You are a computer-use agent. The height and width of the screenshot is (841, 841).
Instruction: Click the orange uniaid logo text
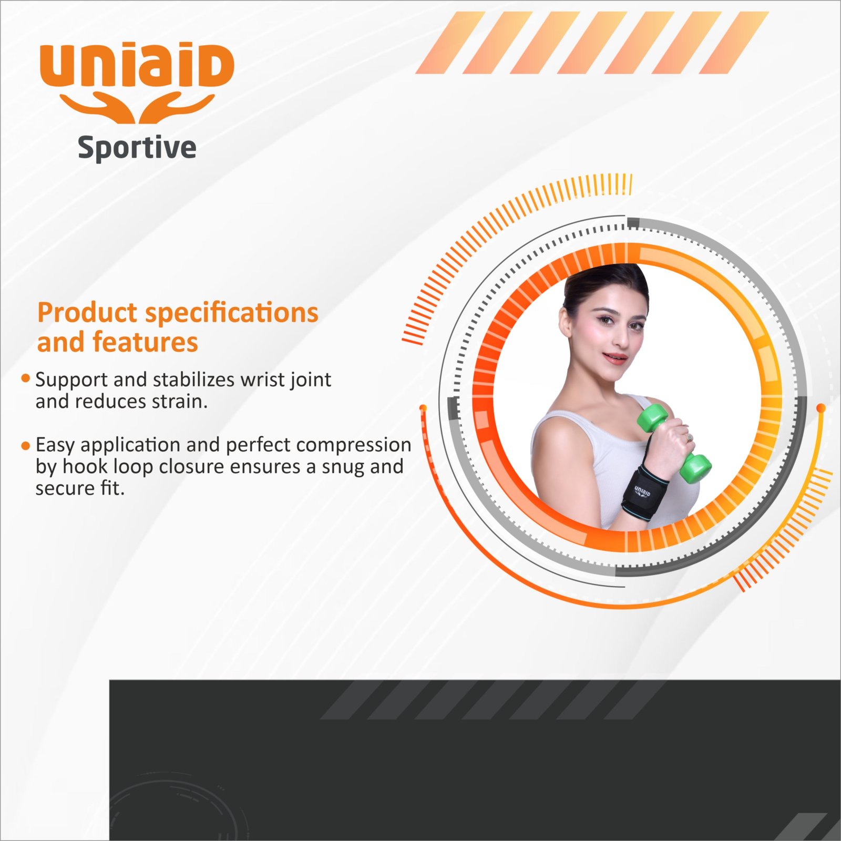(x=137, y=66)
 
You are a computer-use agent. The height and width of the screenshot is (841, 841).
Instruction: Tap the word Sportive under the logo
(x=137, y=148)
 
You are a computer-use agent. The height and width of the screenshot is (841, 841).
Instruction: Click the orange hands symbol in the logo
(x=137, y=108)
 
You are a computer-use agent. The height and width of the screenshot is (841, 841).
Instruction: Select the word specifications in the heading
(x=232, y=314)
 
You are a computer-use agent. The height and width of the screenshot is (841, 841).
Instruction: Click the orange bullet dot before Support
(x=25, y=378)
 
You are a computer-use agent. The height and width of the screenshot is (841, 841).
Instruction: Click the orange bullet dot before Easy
(x=25, y=446)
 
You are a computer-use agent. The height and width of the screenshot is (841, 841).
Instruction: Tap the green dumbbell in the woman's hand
(x=674, y=443)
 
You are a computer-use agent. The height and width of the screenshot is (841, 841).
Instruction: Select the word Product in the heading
(x=87, y=313)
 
